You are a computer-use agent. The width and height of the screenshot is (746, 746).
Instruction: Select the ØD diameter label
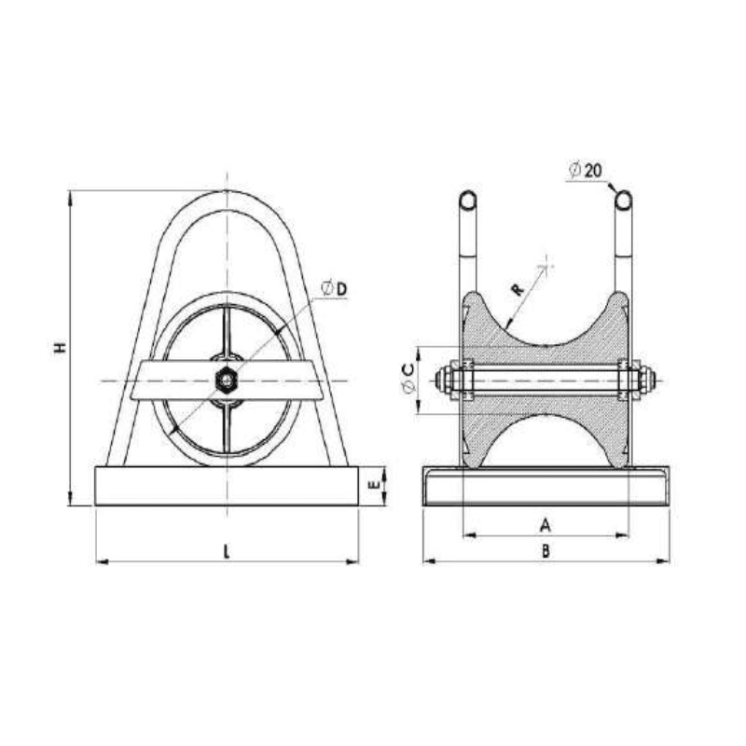click(x=334, y=289)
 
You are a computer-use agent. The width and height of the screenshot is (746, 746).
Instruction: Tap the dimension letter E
click(x=374, y=485)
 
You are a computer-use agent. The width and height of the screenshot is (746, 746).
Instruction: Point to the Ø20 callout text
click(x=587, y=170)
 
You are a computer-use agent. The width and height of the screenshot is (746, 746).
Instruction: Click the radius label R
click(x=518, y=290)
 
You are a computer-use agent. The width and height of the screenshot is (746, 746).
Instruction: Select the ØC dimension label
click(x=408, y=379)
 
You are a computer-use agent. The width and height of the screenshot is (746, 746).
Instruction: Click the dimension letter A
click(x=546, y=525)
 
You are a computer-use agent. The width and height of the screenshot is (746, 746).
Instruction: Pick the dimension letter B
click(x=546, y=550)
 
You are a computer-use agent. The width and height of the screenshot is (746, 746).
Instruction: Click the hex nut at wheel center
click(x=226, y=380)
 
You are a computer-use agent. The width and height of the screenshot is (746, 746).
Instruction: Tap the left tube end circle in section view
click(x=469, y=200)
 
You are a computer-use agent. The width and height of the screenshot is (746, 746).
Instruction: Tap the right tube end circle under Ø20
click(x=624, y=200)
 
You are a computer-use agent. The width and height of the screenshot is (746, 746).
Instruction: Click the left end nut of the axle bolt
click(x=443, y=380)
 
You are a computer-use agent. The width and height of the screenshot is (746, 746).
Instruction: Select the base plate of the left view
click(x=227, y=486)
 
